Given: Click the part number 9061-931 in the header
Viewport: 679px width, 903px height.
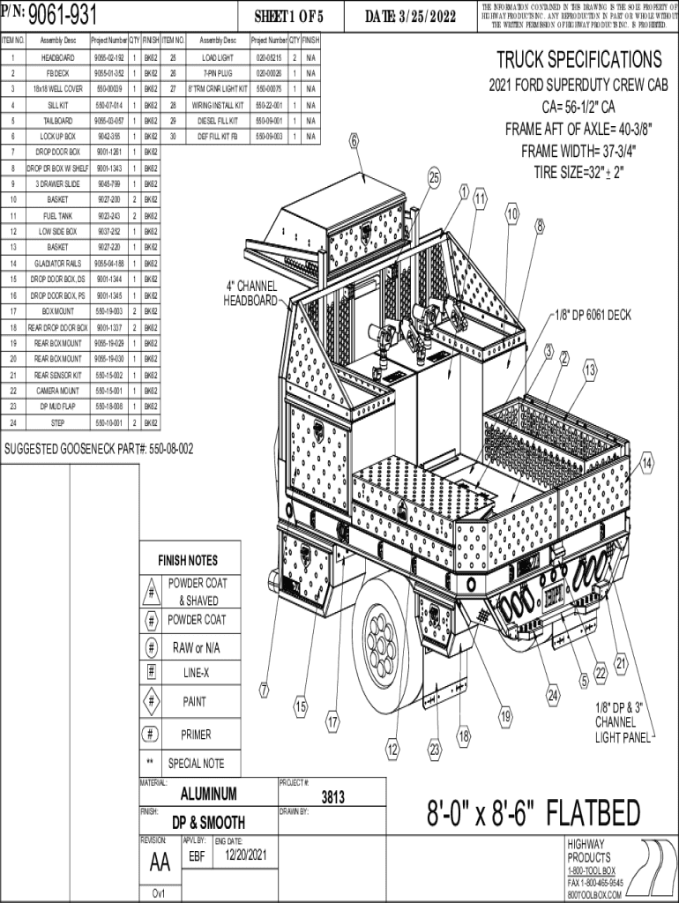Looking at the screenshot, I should pos(63,15).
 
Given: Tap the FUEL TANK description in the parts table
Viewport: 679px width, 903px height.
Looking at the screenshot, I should pos(57,215).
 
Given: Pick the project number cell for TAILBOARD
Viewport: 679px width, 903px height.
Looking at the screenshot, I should pos(109,120).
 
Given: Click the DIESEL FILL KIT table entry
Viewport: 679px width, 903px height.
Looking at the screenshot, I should pos(217,120).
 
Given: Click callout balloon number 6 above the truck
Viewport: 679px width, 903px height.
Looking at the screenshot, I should pos(354,140).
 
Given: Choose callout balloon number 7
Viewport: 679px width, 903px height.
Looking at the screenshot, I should pos(264,689).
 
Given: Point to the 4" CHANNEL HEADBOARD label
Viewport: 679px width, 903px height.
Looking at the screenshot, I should pos(251,295).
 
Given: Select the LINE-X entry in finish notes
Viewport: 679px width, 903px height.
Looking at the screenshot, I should pos(196,673).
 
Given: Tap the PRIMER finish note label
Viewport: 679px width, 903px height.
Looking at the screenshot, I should pos(196,735).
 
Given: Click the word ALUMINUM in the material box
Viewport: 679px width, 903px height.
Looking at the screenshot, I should pos(208,794).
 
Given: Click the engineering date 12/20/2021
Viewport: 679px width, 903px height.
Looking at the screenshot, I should pos(245,855).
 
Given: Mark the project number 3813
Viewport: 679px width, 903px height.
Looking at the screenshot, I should pos(332,797).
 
